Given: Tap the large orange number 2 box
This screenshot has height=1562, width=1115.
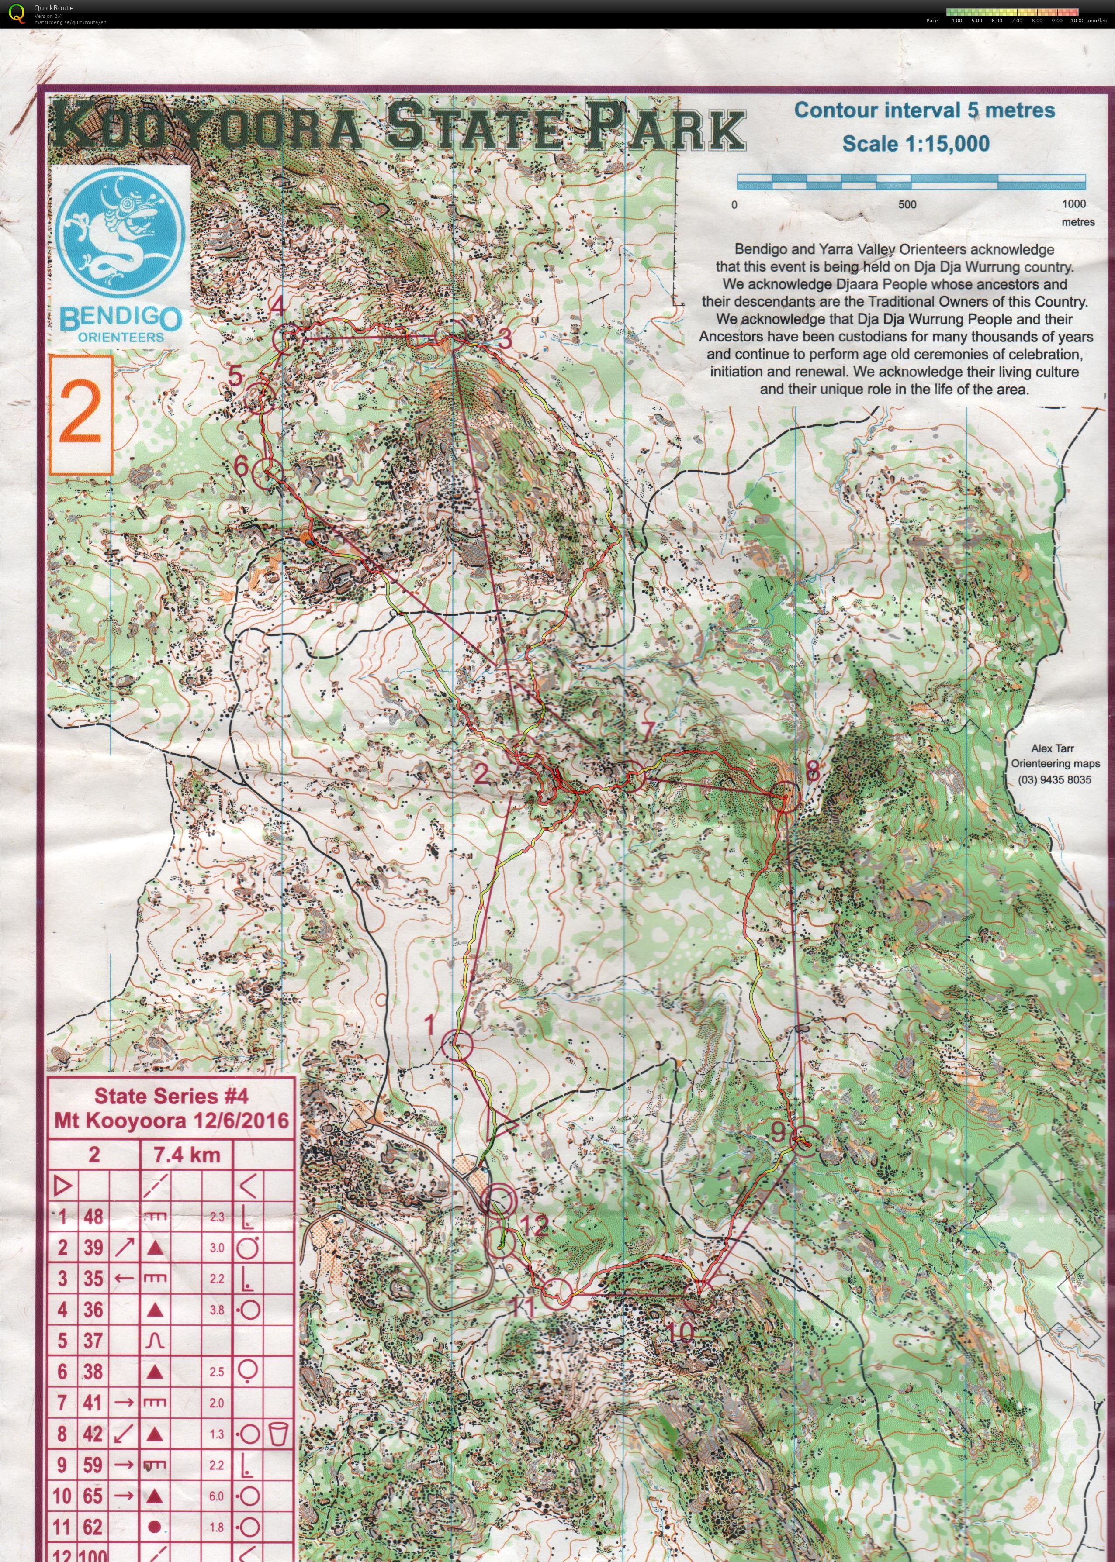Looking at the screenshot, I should (81, 415).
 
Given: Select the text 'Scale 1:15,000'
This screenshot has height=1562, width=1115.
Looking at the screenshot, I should (916, 144).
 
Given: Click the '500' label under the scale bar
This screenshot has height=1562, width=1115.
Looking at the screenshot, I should (907, 204).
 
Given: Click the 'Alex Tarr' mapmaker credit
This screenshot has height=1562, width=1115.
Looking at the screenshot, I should (1052, 749).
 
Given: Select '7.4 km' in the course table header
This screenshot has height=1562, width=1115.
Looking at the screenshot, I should (186, 1155).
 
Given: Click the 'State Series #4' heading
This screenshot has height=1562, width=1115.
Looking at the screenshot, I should (171, 1096).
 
